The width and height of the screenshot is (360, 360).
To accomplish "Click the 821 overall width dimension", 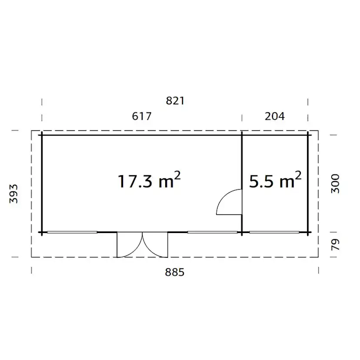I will point(175,101).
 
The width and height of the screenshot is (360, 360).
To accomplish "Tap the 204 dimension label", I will point(274,116).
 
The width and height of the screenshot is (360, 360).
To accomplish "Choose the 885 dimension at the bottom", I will point(175,272).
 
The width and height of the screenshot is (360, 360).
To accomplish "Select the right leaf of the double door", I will point(154,244).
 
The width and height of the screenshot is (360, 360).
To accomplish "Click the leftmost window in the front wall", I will point(72,232).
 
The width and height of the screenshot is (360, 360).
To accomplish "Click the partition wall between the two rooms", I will point(242,165).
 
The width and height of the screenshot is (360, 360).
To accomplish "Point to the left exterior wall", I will point(42,183).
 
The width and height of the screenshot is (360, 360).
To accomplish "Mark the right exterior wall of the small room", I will point(308,183).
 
